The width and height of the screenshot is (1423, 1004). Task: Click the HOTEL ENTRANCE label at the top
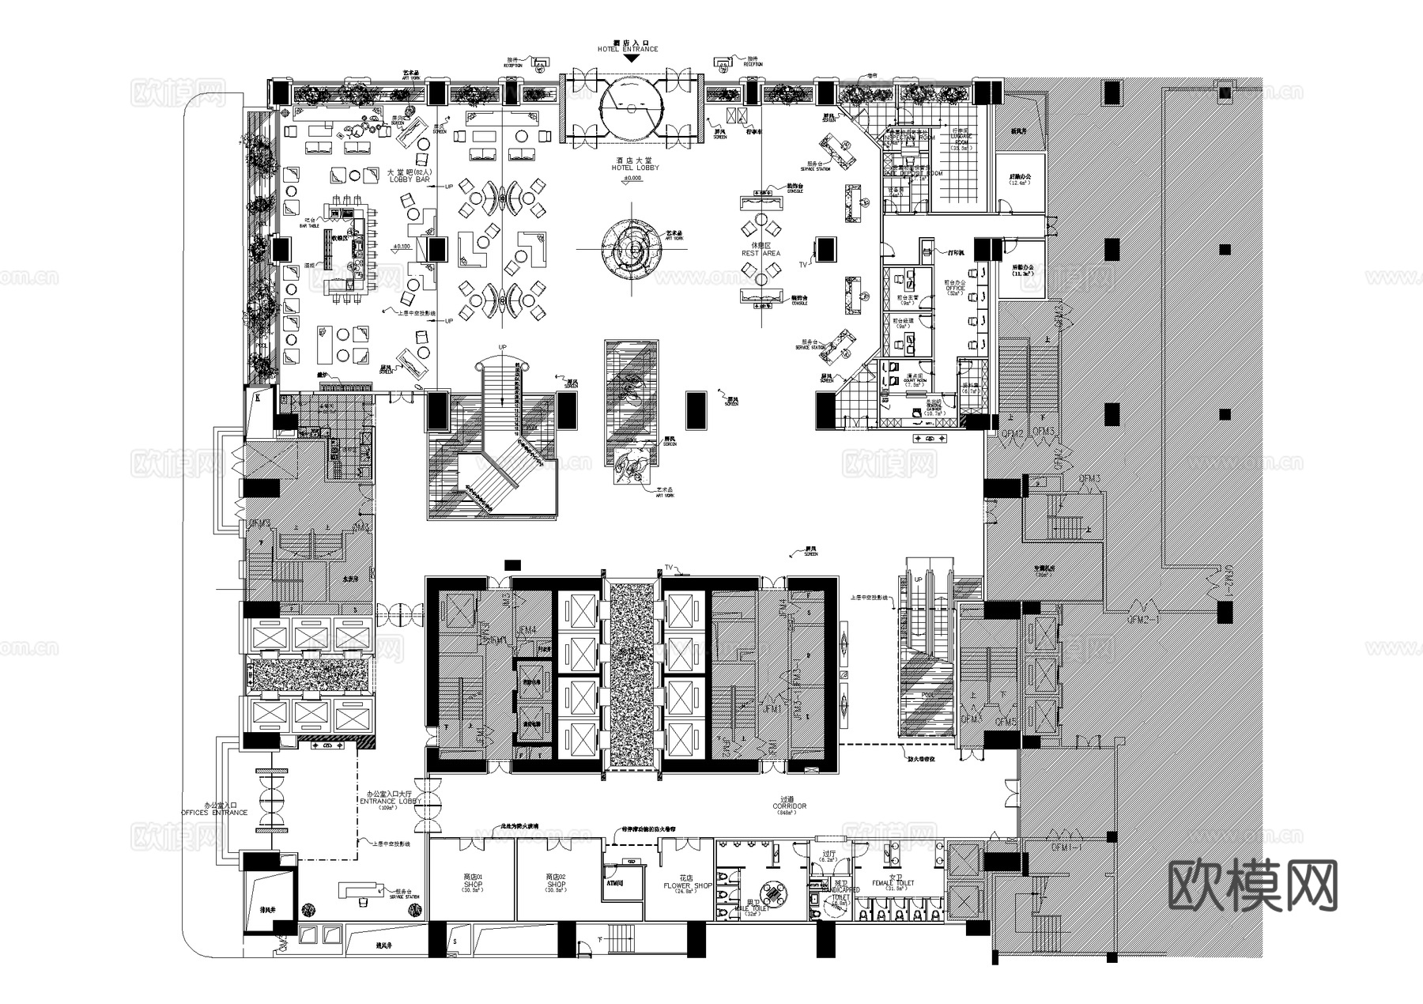[x=628, y=49]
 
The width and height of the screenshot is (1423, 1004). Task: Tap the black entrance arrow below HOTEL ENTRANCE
[x=628, y=58]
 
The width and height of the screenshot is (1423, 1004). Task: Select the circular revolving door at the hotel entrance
[x=629, y=109]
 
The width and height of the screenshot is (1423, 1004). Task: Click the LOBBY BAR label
[x=409, y=179]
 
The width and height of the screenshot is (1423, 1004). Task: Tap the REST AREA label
[x=761, y=253]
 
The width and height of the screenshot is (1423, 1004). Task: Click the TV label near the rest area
[x=803, y=264]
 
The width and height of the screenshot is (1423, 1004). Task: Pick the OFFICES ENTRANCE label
[x=214, y=813]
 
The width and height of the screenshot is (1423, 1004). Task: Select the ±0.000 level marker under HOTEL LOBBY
[x=631, y=179]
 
